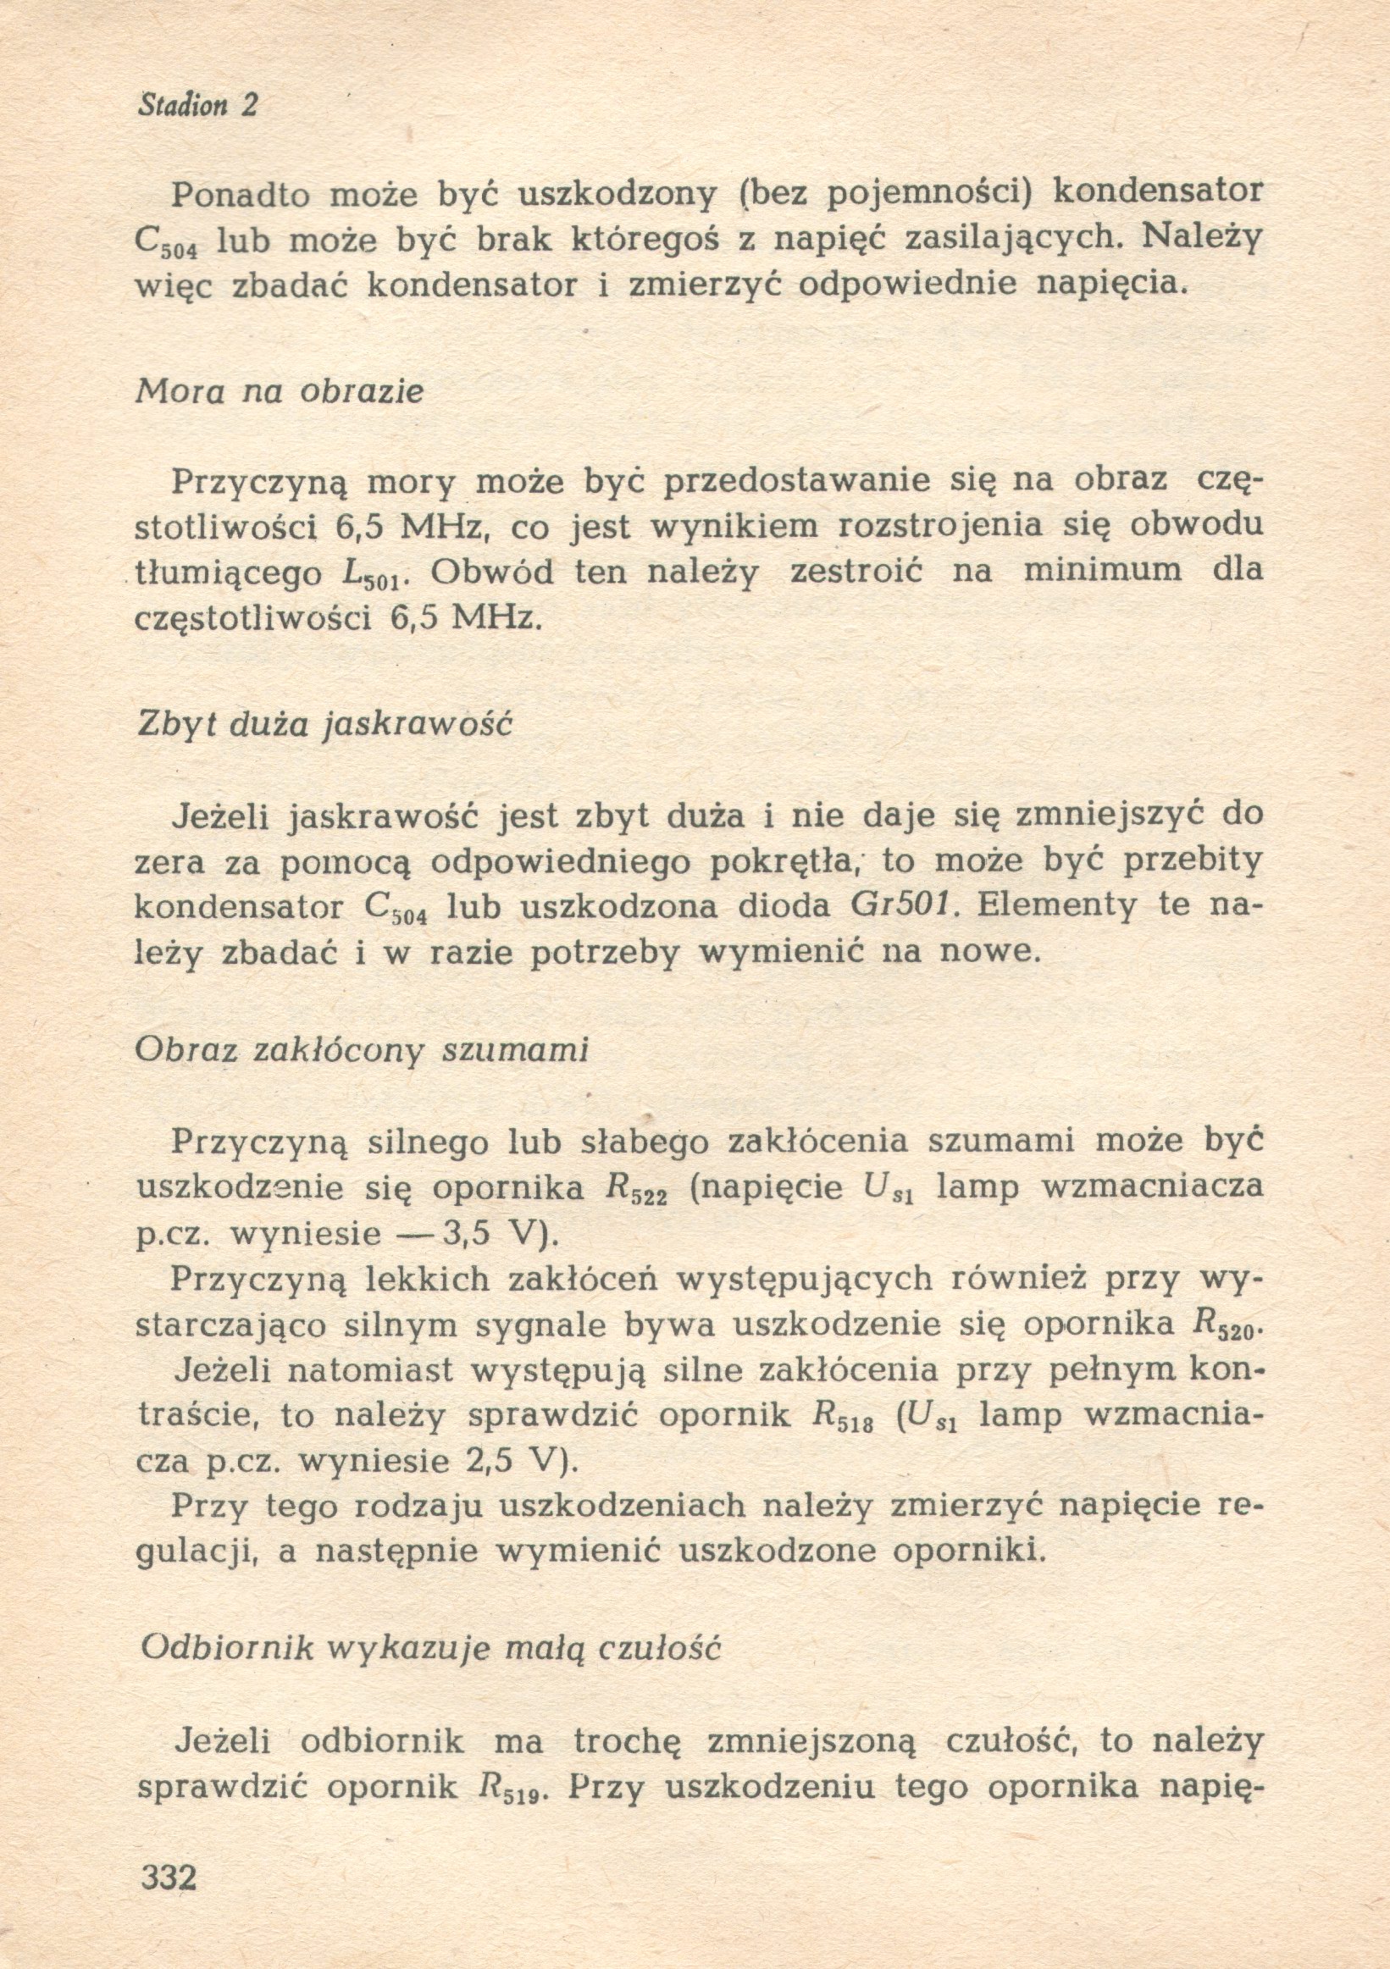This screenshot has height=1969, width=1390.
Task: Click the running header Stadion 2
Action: click(x=197, y=106)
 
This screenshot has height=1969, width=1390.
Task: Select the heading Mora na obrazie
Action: click(x=280, y=392)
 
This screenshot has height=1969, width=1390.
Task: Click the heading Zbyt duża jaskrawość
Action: click(x=324, y=725)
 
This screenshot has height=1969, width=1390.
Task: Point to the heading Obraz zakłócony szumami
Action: click(x=362, y=1051)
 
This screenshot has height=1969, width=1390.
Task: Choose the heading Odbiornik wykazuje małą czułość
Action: click(x=429, y=1648)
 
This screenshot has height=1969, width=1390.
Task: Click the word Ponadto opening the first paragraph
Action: click(x=240, y=196)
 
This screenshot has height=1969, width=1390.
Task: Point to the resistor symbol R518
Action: click(x=841, y=1417)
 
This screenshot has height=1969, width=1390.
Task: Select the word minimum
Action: click(x=1102, y=569)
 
